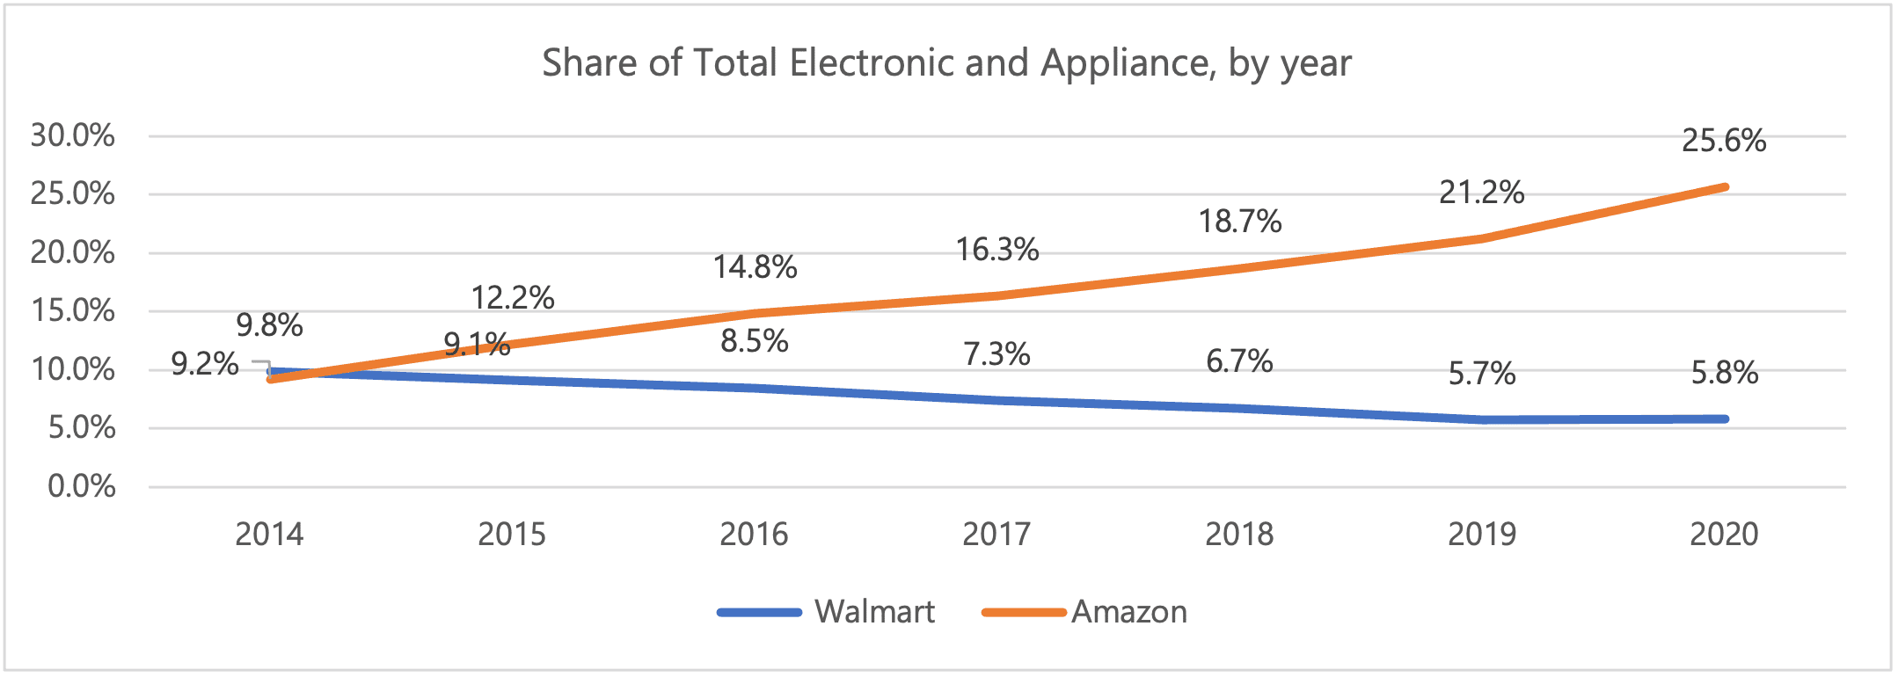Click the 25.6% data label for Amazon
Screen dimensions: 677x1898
point(1724,141)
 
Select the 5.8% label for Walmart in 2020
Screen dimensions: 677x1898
point(1725,373)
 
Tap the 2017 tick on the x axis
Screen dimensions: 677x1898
point(996,534)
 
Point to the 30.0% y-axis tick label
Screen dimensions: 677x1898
point(73,135)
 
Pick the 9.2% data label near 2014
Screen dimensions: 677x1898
point(205,363)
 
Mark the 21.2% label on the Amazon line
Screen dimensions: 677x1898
point(1482,192)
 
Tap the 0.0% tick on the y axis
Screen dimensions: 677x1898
point(82,486)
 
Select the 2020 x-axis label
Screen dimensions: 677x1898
point(1724,534)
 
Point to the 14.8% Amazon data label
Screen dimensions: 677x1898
point(755,266)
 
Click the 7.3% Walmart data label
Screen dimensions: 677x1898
point(996,354)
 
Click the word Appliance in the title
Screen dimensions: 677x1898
point(1128,63)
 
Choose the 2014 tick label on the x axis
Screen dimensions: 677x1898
point(269,534)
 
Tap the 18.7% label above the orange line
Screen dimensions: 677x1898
point(1240,222)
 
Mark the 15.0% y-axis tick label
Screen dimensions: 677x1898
point(73,310)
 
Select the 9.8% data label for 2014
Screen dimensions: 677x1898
point(269,325)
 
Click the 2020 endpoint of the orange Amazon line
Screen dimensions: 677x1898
point(1725,187)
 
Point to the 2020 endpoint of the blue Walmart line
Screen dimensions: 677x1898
point(1725,419)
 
